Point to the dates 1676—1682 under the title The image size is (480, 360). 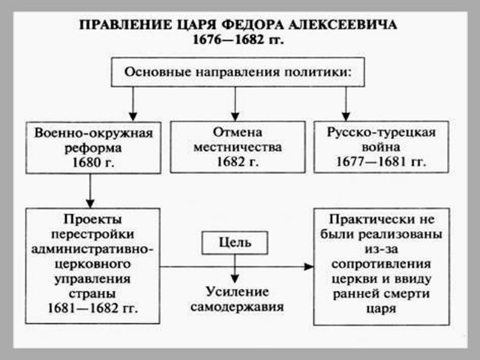pos(230,41)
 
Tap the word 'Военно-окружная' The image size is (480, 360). pos(89,132)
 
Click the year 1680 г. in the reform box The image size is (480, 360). pos(89,162)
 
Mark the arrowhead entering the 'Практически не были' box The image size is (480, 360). pos(308,266)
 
